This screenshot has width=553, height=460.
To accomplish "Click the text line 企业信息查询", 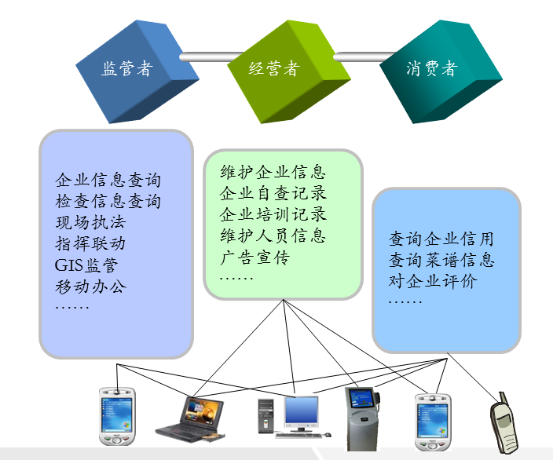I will (x=108, y=180).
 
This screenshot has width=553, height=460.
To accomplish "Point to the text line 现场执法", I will (x=90, y=222).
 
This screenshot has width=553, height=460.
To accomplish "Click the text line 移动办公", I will (x=90, y=286).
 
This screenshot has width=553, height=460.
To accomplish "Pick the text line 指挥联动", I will (x=90, y=243).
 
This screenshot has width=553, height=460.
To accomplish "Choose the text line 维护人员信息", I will (x=273, y=236).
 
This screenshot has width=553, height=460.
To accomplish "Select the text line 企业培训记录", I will (x=273, y=215).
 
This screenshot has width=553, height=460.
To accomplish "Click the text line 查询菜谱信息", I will (x=441, y=261).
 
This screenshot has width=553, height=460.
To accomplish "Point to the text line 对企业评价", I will (x=432, y=282).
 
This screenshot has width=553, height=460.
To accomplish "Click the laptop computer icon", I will (x=191, y=419).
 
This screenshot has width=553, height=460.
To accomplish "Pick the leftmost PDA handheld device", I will (x=118, y=416).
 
